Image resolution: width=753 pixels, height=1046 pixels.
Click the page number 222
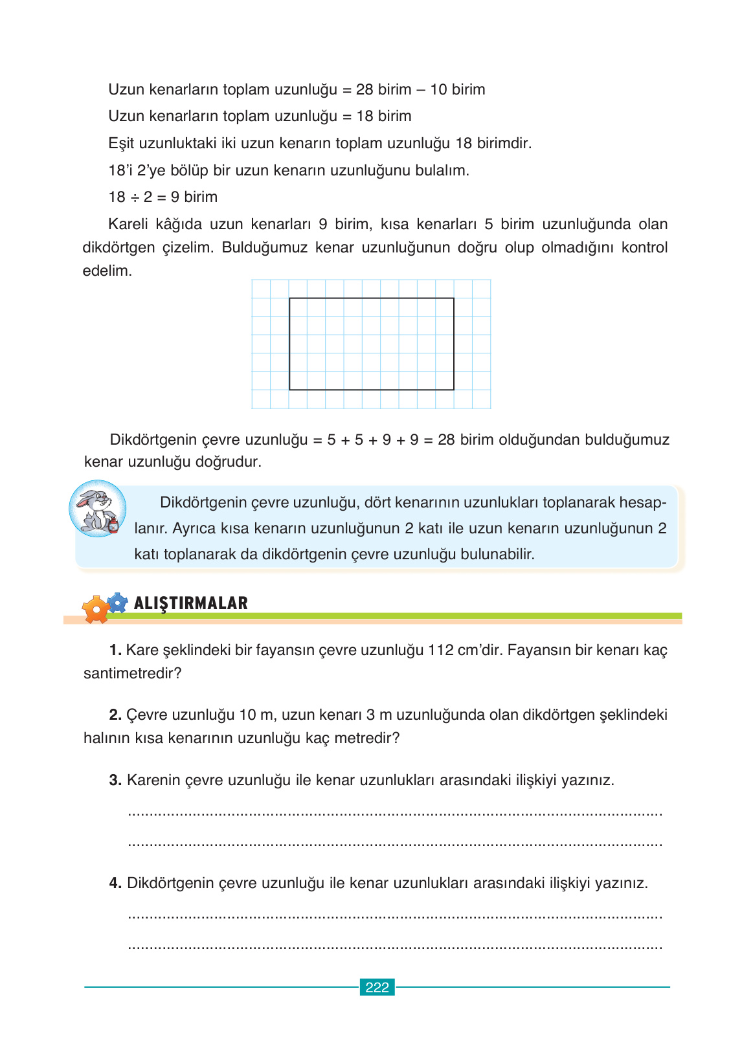(x=377, y=987)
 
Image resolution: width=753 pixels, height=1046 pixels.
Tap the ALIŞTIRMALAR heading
(x=190, y=603)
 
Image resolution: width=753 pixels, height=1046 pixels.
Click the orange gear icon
(x=96, y=609)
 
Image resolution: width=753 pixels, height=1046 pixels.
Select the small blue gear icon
(x=117, y=603)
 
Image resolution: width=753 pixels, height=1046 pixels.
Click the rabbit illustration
(x=98, y=509)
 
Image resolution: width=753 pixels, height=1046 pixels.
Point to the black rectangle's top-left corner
(x=289, y=298)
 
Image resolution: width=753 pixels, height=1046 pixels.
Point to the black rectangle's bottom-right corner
(x=454, y=390)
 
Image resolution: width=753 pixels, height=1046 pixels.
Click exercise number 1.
(x=115, y=650)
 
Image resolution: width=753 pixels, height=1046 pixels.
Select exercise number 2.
(x=115, y=715)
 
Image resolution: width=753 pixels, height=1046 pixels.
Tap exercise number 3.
(x=115, y=780)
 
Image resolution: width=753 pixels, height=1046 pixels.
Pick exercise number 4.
(x=115, y=883)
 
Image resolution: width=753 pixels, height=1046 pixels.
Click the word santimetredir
(x=132, y=673)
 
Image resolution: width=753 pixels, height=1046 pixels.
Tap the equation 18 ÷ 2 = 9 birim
(x=163, y=197)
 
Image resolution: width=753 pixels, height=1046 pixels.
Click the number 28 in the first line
(x=365, y=89)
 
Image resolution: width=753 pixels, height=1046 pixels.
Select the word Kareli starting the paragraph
(x=128, y=224)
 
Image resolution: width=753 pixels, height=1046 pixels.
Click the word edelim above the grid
(x=107, y=271)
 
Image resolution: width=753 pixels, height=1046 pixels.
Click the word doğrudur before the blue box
(x=230, y=462)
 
